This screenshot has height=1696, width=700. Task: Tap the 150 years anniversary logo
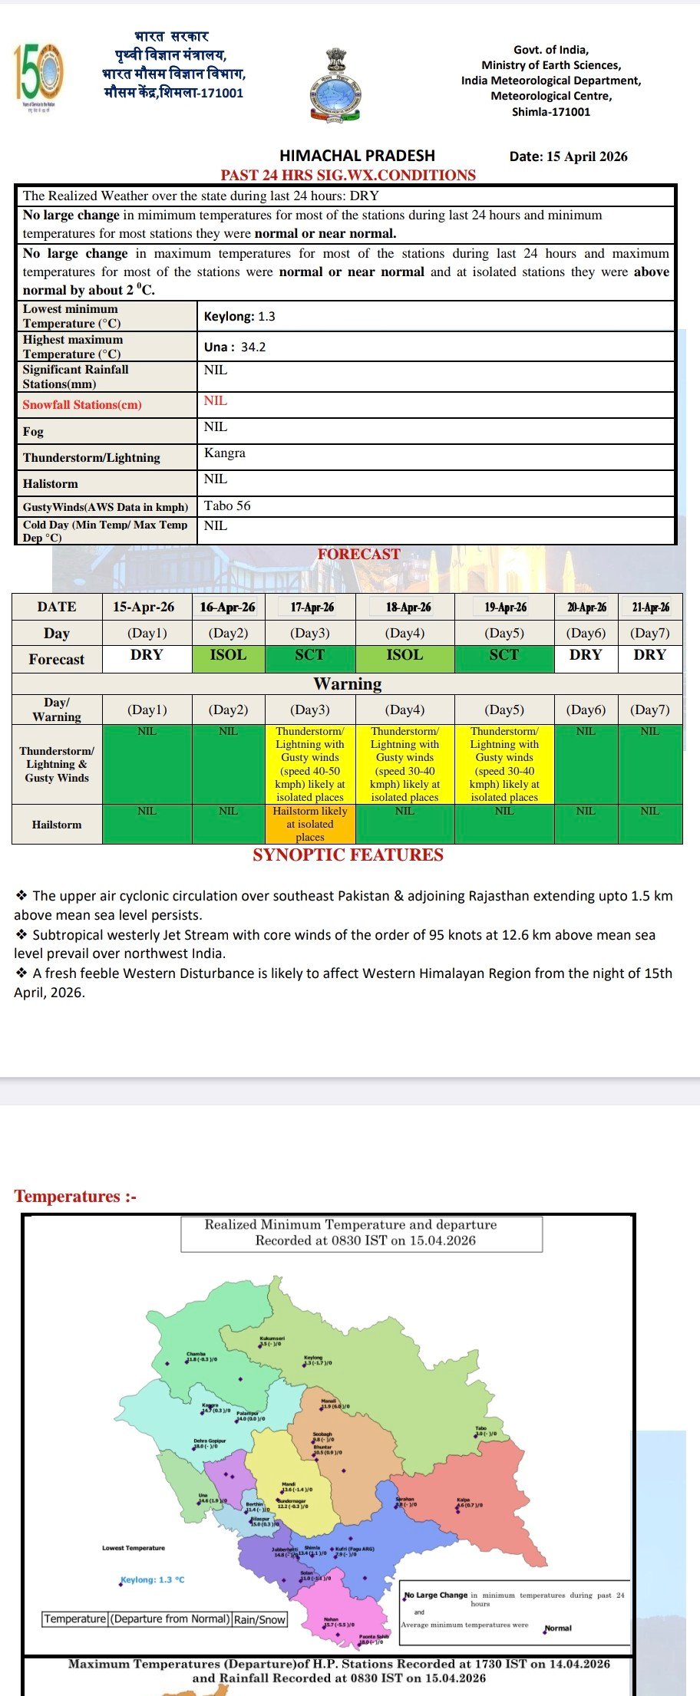38,76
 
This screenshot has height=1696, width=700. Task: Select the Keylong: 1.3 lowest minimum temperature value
239,317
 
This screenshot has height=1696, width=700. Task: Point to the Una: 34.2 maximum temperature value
235,347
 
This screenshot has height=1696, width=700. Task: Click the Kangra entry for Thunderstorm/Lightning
225,453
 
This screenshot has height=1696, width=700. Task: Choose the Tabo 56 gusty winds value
227,506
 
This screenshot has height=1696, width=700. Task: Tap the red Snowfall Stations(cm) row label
82,405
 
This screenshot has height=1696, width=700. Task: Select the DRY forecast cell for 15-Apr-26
147,655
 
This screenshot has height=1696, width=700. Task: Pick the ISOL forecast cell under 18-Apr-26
404,655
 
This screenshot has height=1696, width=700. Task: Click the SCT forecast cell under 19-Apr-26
504,655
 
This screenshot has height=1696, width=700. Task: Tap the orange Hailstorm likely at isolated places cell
310,824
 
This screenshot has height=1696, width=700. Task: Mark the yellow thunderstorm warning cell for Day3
310,764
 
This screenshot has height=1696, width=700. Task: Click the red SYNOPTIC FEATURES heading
348,855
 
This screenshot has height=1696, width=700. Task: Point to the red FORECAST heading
358,555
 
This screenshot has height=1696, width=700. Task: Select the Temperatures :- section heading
75,1197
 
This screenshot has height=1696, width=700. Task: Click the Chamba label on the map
196,1354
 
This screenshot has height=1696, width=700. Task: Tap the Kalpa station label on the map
464,1500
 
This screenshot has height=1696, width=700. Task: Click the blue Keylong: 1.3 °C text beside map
153,1580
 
